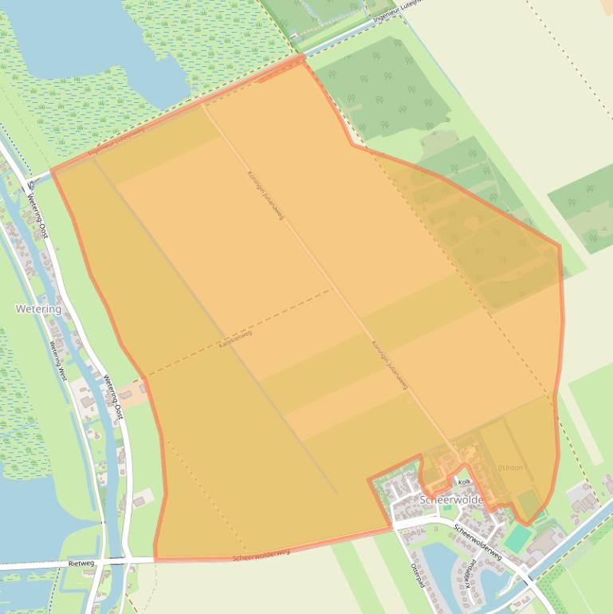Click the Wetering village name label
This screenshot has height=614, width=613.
pyautogui.click(x=38, y=309)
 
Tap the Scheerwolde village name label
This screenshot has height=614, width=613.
pyautogui.click(x=451, y=499)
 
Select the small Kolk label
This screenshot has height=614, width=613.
pyautogui.click(x=465, y=482)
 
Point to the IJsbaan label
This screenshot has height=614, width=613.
pyautogui.click(x=510, y=467)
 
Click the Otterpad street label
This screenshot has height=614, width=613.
pyautogui.click(x=415, y=573)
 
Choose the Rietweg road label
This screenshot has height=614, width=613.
pyautogui.click(x=81, y=562)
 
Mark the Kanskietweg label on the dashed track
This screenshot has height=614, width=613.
pyautogui.click(x=235, y=339)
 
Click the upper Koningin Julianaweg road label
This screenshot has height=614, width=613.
pyautogui.click(x=265, y=195)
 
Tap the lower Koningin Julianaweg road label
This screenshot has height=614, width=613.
pyautogui.click(x=390, y=365)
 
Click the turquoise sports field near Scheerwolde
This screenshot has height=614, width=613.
pyautogui.click(x=518, y=537)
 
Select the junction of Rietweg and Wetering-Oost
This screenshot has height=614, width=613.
pyautogui.click(x=128, y=561)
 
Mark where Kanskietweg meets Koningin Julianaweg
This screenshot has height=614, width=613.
pyautogui.click(x=332, y=289)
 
